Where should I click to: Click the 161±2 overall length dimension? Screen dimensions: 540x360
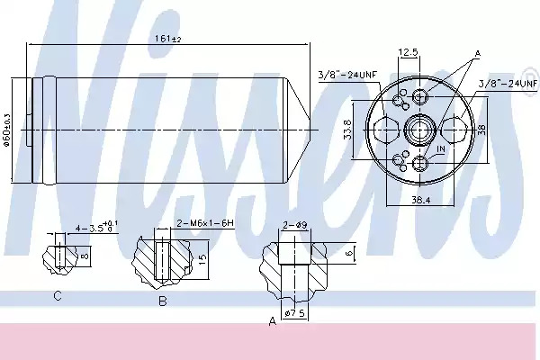(167, 39)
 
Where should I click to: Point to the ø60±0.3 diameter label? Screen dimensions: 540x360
(6, 130)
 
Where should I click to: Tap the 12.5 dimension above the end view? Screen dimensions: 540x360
(408, 52)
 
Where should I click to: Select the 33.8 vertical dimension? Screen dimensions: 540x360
(348, 130)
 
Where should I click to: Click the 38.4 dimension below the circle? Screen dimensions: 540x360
(421, 200)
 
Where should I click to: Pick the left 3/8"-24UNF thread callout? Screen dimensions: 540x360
(347, 75)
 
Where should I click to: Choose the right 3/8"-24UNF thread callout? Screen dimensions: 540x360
(508, 83)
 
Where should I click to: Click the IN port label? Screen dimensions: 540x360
(441, 148)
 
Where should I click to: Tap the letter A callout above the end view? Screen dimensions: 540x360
(477, 54)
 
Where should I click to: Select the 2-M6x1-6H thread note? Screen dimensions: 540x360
(205, 223)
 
